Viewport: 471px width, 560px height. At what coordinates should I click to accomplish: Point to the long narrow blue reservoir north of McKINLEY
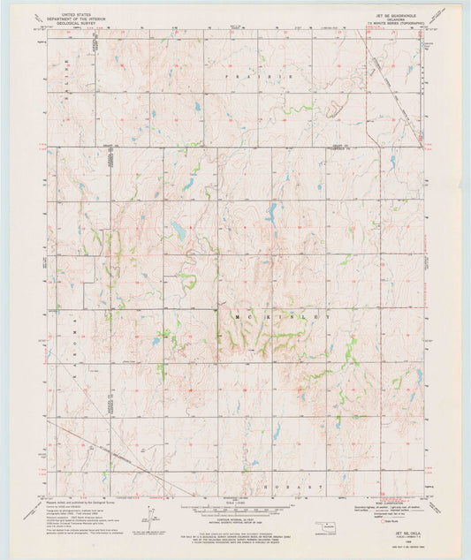273,211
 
